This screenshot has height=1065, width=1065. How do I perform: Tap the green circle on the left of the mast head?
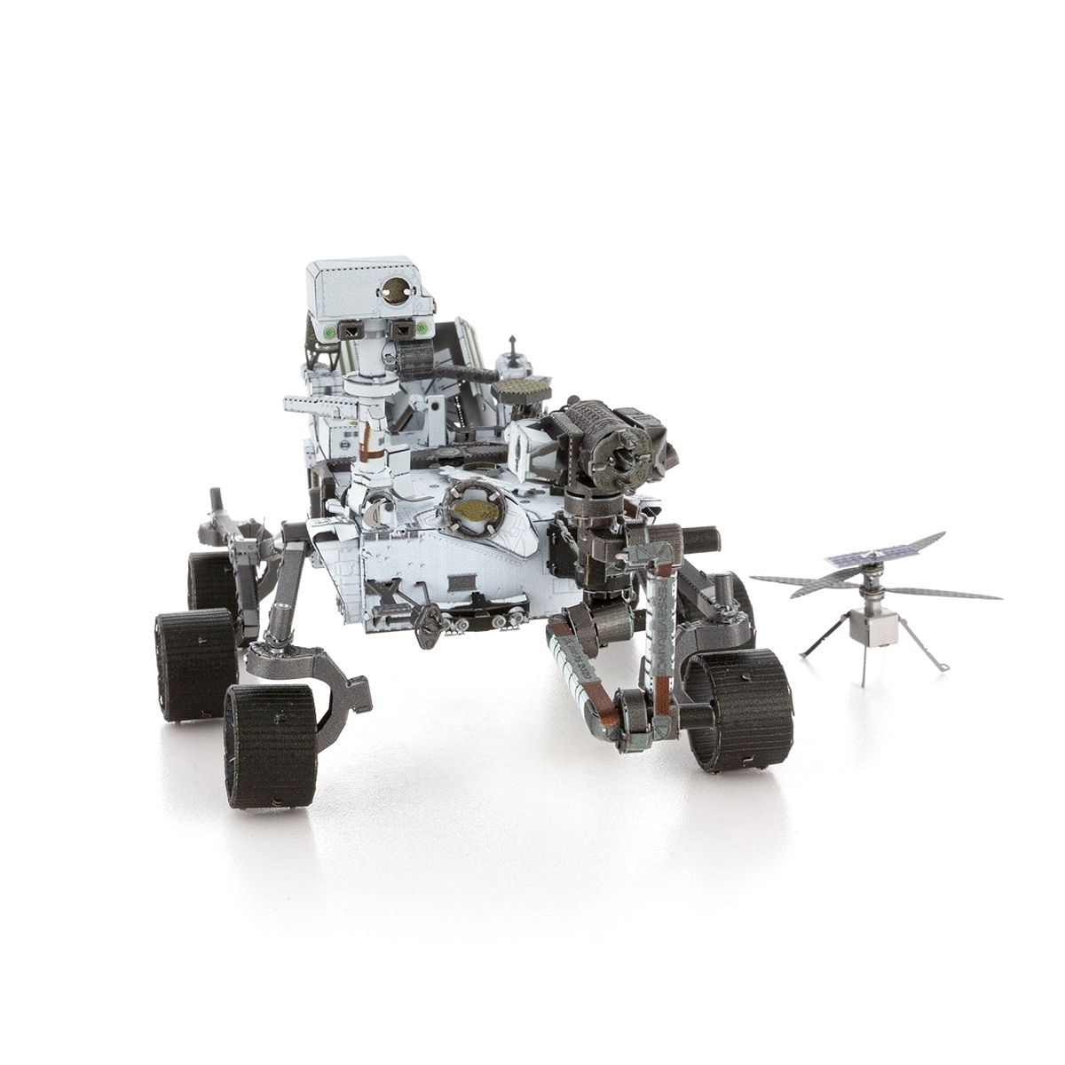[329, 330]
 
